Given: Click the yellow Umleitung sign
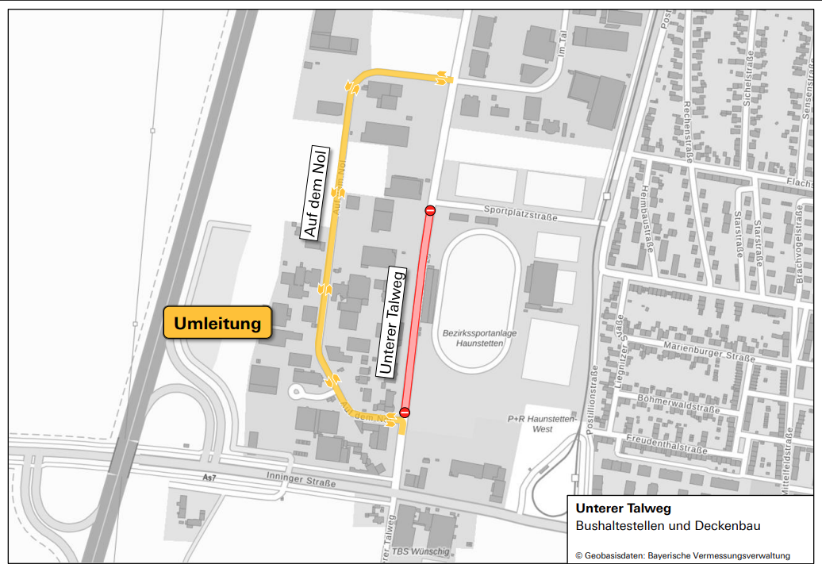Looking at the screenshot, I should point(217,324).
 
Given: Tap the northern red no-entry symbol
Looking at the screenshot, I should point(430,210).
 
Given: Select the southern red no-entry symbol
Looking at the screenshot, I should point(405,412).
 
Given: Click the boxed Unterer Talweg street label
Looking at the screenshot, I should point(393,321).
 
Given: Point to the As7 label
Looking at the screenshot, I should point(209,478).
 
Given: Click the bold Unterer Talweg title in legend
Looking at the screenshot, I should point(624,509).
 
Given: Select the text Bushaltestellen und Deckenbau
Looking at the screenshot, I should point(668,525).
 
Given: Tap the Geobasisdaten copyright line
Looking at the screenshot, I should point(682,555).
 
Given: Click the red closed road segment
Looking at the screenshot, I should point(417,311).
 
